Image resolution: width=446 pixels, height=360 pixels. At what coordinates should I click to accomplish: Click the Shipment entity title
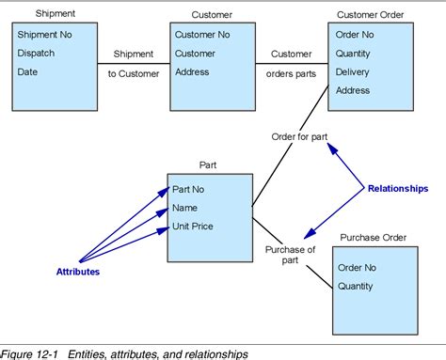point(55,14)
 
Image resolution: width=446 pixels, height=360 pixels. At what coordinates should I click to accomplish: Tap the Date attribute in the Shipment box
point(29,71)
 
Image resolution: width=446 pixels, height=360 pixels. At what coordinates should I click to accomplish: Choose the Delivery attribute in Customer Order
point(354,71)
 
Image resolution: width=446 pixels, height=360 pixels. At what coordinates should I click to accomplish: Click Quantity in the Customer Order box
point(356,54)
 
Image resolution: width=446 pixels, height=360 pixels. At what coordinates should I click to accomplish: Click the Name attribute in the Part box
point(186,208)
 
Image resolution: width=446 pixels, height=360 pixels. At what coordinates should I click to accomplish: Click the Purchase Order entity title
point(373,238)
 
